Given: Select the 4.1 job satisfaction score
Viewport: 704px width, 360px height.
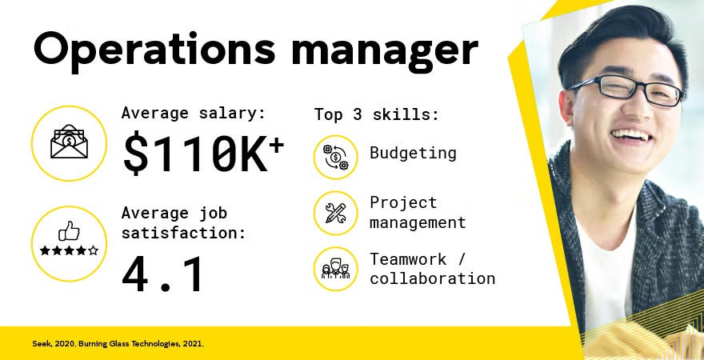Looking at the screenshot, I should [x=163, y=274].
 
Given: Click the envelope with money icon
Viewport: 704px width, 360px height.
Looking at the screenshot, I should [x=69, y=143].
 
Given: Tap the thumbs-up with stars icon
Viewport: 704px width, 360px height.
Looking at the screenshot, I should [x=69, y=243].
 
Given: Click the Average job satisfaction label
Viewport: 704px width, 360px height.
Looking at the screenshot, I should [x=184, y=224].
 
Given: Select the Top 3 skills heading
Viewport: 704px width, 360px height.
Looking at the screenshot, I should [x=376, y=114].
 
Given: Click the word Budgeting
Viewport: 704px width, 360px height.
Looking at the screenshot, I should [x=413, y=154].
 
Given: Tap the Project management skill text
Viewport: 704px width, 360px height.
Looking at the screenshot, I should [x=417, y=213].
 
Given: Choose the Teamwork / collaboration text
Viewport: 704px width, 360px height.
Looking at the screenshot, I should [x=432, y=269].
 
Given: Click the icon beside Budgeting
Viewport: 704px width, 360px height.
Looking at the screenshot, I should [x=335, y=157].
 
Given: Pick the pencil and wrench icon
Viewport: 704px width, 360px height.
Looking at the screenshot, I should [x=335, y=213].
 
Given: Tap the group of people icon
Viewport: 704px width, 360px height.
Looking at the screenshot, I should [x=335, y=269].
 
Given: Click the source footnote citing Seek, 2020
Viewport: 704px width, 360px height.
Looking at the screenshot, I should [x=113, y=344].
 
